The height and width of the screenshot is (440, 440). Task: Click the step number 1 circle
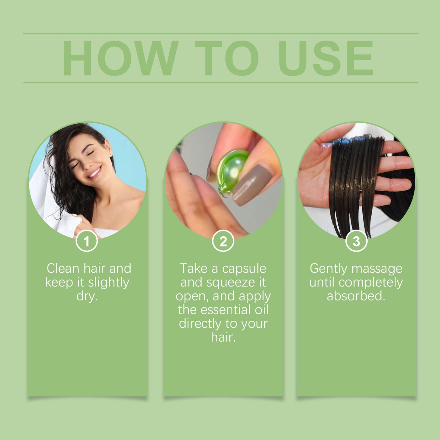point(87,241)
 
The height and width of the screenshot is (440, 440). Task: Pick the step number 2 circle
point(223,241)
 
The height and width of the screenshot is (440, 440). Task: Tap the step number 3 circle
point(356,241)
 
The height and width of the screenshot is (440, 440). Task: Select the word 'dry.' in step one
point(87,296)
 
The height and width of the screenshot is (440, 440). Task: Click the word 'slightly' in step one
point(108,283)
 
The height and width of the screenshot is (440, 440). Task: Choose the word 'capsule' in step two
point(244,269)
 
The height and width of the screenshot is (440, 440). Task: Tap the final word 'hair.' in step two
point(223,337)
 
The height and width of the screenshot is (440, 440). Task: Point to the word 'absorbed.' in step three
point(356,296)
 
